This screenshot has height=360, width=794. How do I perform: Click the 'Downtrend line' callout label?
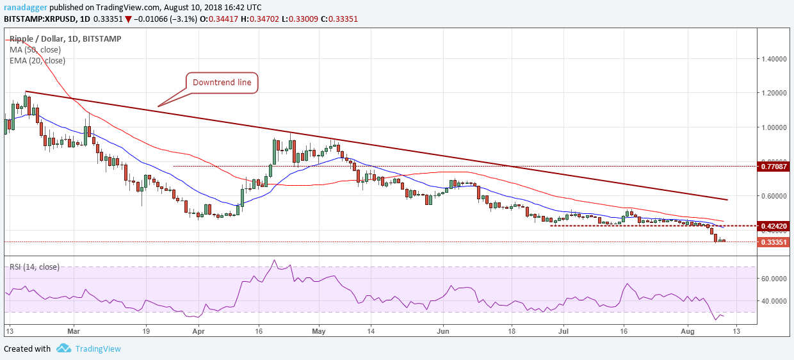click(x=222, y=83)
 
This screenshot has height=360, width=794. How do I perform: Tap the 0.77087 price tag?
click(x=775, y=167)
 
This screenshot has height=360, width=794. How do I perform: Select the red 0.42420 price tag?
click(x=775, y=226)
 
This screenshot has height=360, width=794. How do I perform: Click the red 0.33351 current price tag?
click(x=775, y=242)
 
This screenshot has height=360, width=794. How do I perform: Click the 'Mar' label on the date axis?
click(x=74, y=331)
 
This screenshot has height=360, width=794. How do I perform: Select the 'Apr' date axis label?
click(x=198, y=331)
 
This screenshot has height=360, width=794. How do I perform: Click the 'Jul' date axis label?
click(x=563, y=331)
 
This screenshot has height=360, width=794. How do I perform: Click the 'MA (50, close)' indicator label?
click(x=36, y=49)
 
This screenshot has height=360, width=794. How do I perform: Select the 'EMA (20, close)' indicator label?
click(x=38, y=60)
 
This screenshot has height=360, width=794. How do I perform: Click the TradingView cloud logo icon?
click(x=63, y=348)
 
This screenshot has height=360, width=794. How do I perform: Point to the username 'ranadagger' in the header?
click(x=25, y=6)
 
